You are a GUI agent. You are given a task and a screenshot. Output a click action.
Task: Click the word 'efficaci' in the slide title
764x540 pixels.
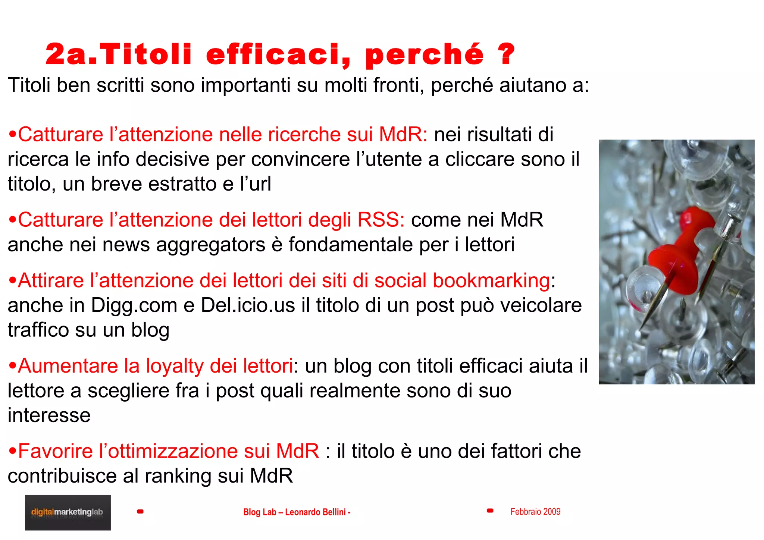tap(278, 54)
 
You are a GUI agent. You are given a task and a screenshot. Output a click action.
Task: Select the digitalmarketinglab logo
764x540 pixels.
tap(68, 512)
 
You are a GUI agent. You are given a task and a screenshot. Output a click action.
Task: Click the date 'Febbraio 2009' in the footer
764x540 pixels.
tap(535, 512)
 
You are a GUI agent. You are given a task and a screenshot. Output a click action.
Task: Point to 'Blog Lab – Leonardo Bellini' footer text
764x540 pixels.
tap(297, 512)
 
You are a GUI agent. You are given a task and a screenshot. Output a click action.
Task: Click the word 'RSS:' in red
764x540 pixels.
tap(381, 220)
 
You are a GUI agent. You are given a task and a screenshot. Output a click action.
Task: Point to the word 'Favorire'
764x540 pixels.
tap(55, 451)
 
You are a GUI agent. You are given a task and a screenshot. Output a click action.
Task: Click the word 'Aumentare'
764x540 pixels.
tap(68, 366)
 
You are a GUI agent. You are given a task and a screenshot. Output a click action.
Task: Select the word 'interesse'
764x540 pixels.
tap(49, 415)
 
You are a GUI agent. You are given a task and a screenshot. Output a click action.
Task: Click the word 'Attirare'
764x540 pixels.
tap(51, 280)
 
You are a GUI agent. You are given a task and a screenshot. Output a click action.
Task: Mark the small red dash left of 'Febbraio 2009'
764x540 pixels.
tap(490, 511)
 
